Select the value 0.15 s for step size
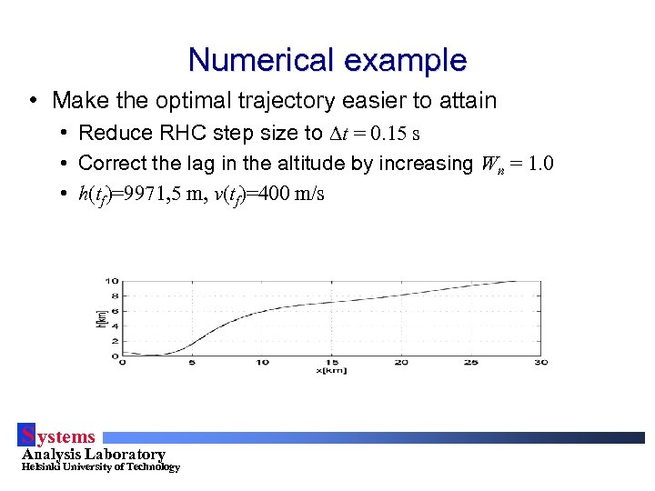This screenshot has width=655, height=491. click(x=390, y=134)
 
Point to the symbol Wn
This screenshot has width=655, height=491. click(x=491, y=165)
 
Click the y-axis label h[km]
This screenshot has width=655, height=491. click(x=101, y=317)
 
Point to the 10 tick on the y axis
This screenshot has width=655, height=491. click(x=112, y=281)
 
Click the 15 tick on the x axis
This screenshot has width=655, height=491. click(x=332, y=362)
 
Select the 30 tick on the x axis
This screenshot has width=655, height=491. click(x=541, y=362)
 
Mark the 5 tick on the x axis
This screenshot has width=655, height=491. click(x=192, y=362)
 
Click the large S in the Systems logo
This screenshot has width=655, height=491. click(x=28, y=436)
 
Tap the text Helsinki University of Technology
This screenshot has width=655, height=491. click(x=100, y=467)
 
